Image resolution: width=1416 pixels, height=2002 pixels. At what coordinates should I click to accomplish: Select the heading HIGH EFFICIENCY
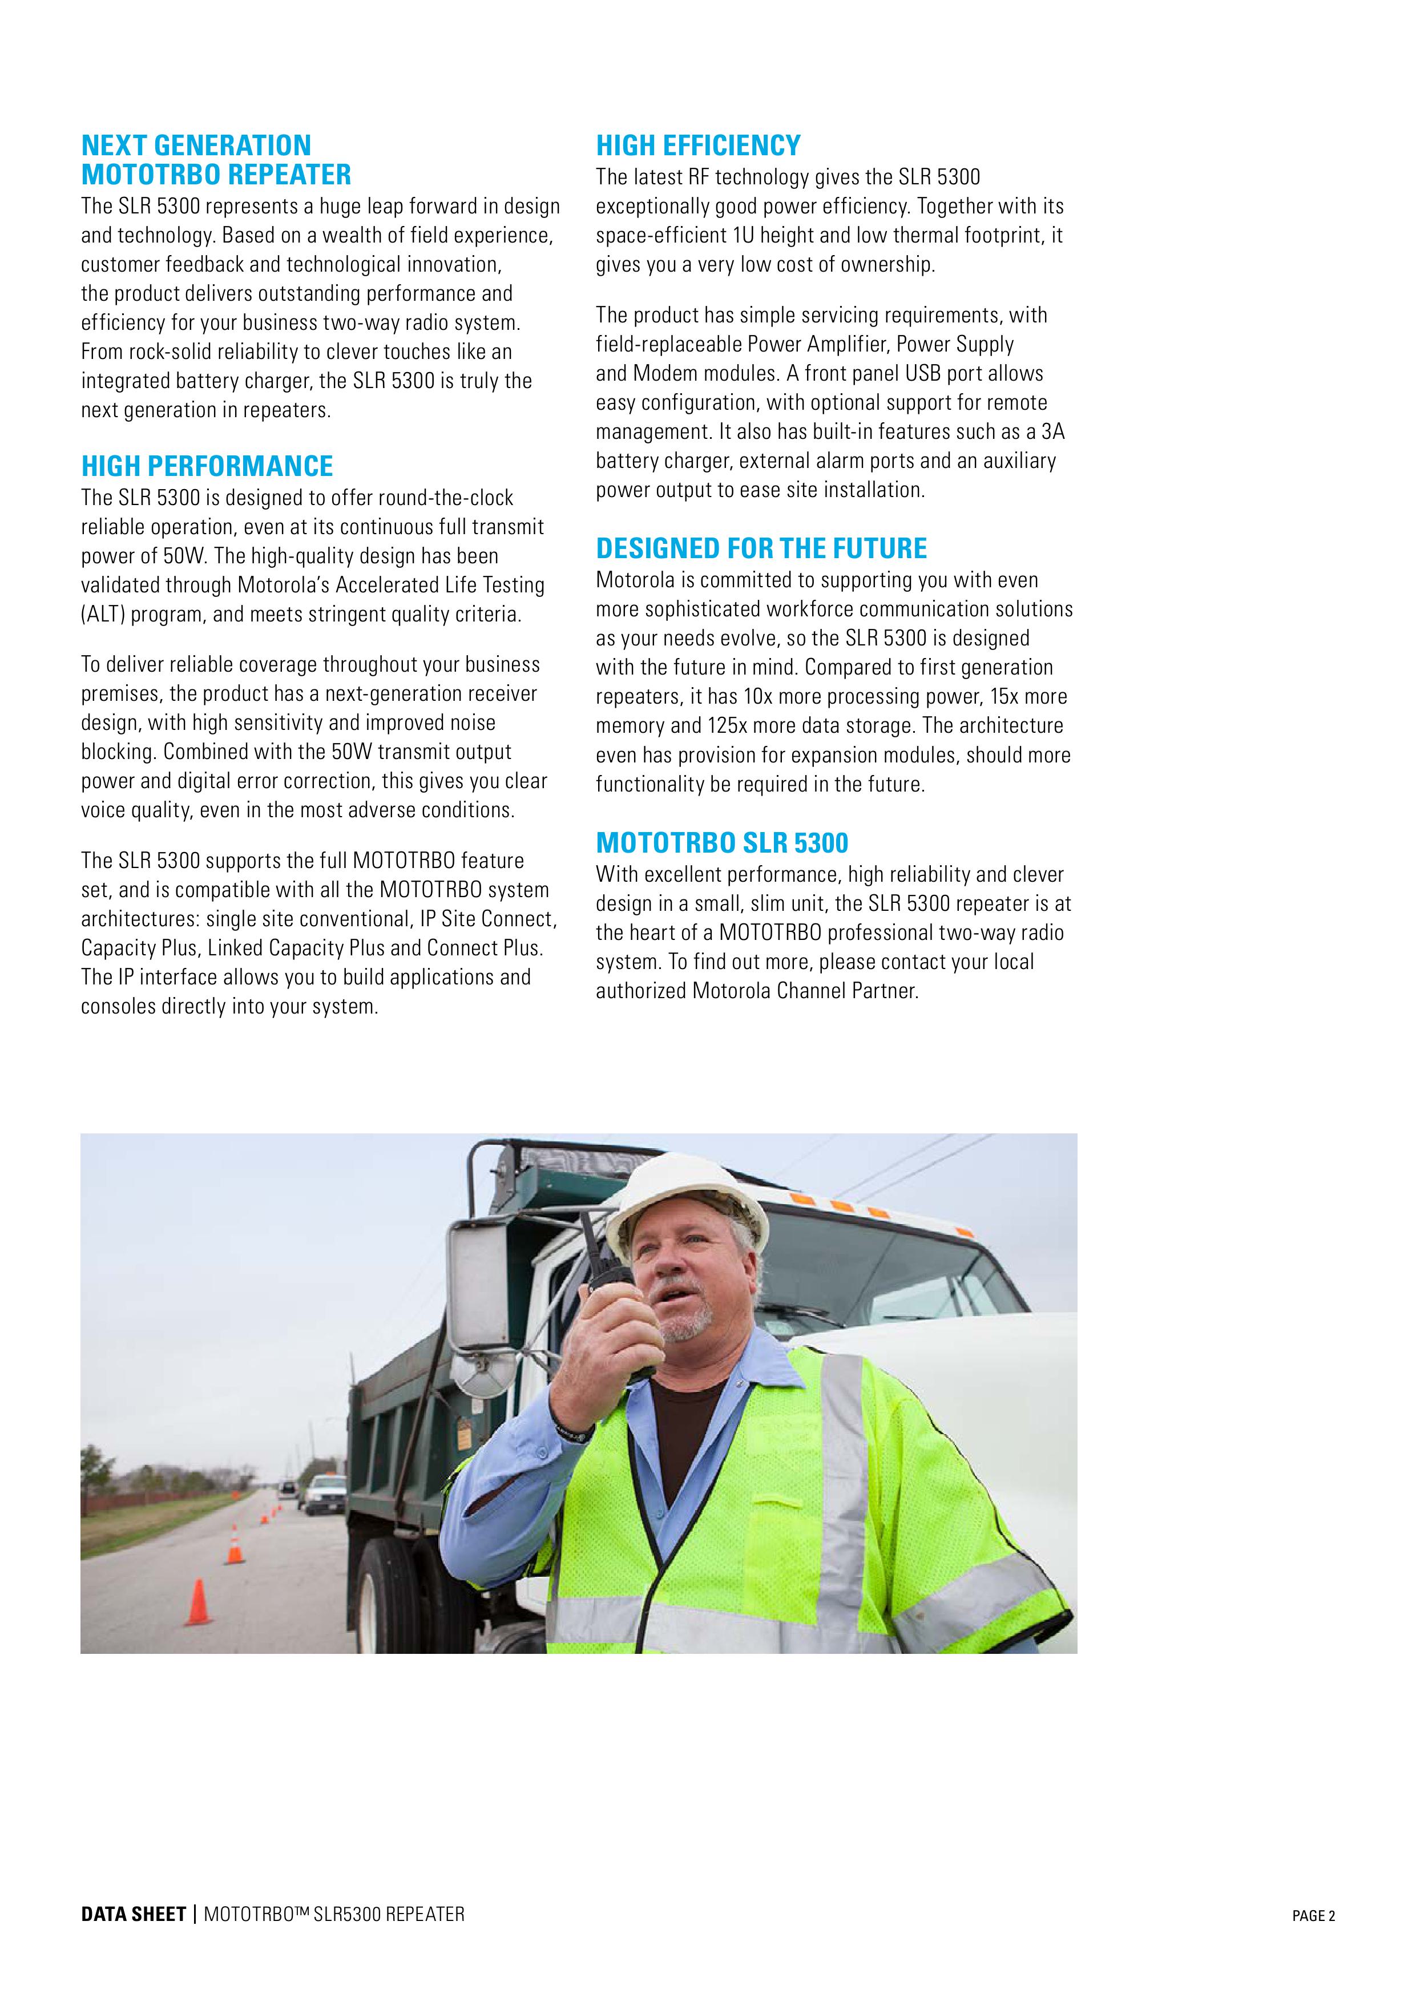point(697,145)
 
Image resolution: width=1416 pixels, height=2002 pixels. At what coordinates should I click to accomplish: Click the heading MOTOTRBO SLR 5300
point(722,842)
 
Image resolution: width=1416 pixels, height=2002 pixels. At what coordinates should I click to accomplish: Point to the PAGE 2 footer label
point(1313,1916)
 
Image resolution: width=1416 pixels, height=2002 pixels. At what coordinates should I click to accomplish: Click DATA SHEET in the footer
point(134,1914)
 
